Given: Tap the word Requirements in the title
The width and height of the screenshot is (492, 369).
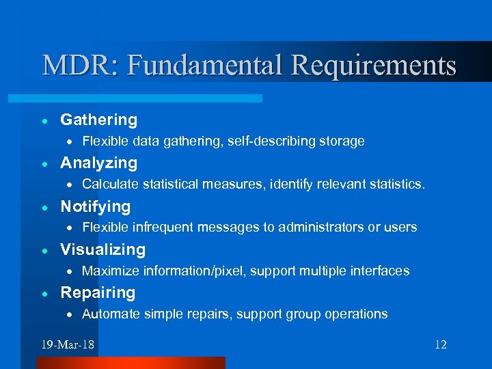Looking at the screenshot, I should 373,66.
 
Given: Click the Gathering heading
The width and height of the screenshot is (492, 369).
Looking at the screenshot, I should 99,120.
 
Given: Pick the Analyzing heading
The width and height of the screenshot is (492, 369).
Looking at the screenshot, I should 99,163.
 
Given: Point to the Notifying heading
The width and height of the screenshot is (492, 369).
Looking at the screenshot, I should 96,206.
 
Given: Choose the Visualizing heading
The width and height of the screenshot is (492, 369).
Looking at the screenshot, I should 103,250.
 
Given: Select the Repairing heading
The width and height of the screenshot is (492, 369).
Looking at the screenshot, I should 98,293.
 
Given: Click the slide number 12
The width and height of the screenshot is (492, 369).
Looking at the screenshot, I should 440,344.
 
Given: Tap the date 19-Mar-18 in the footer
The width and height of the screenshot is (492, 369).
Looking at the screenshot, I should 68,344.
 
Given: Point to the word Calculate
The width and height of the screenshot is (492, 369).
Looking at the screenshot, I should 109,184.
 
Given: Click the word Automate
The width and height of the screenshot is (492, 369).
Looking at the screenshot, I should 110,314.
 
